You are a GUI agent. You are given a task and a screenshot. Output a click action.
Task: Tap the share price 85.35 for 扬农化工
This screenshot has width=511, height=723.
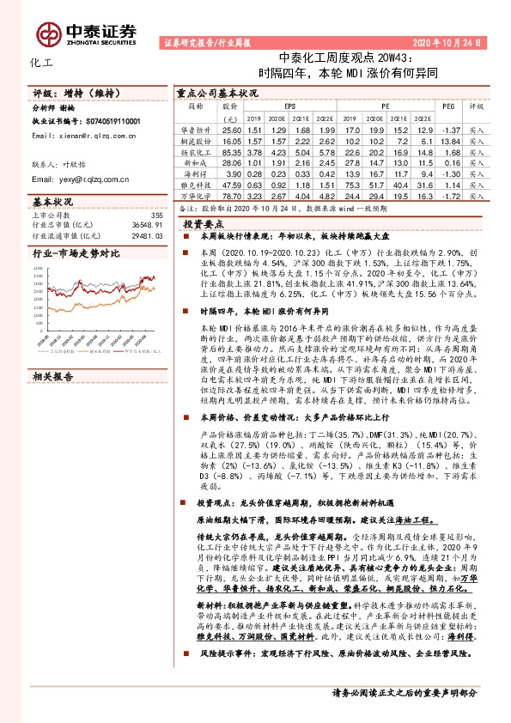tap(232, 151)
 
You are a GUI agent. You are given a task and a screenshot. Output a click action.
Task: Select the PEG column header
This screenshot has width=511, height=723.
tap(447, 107)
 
